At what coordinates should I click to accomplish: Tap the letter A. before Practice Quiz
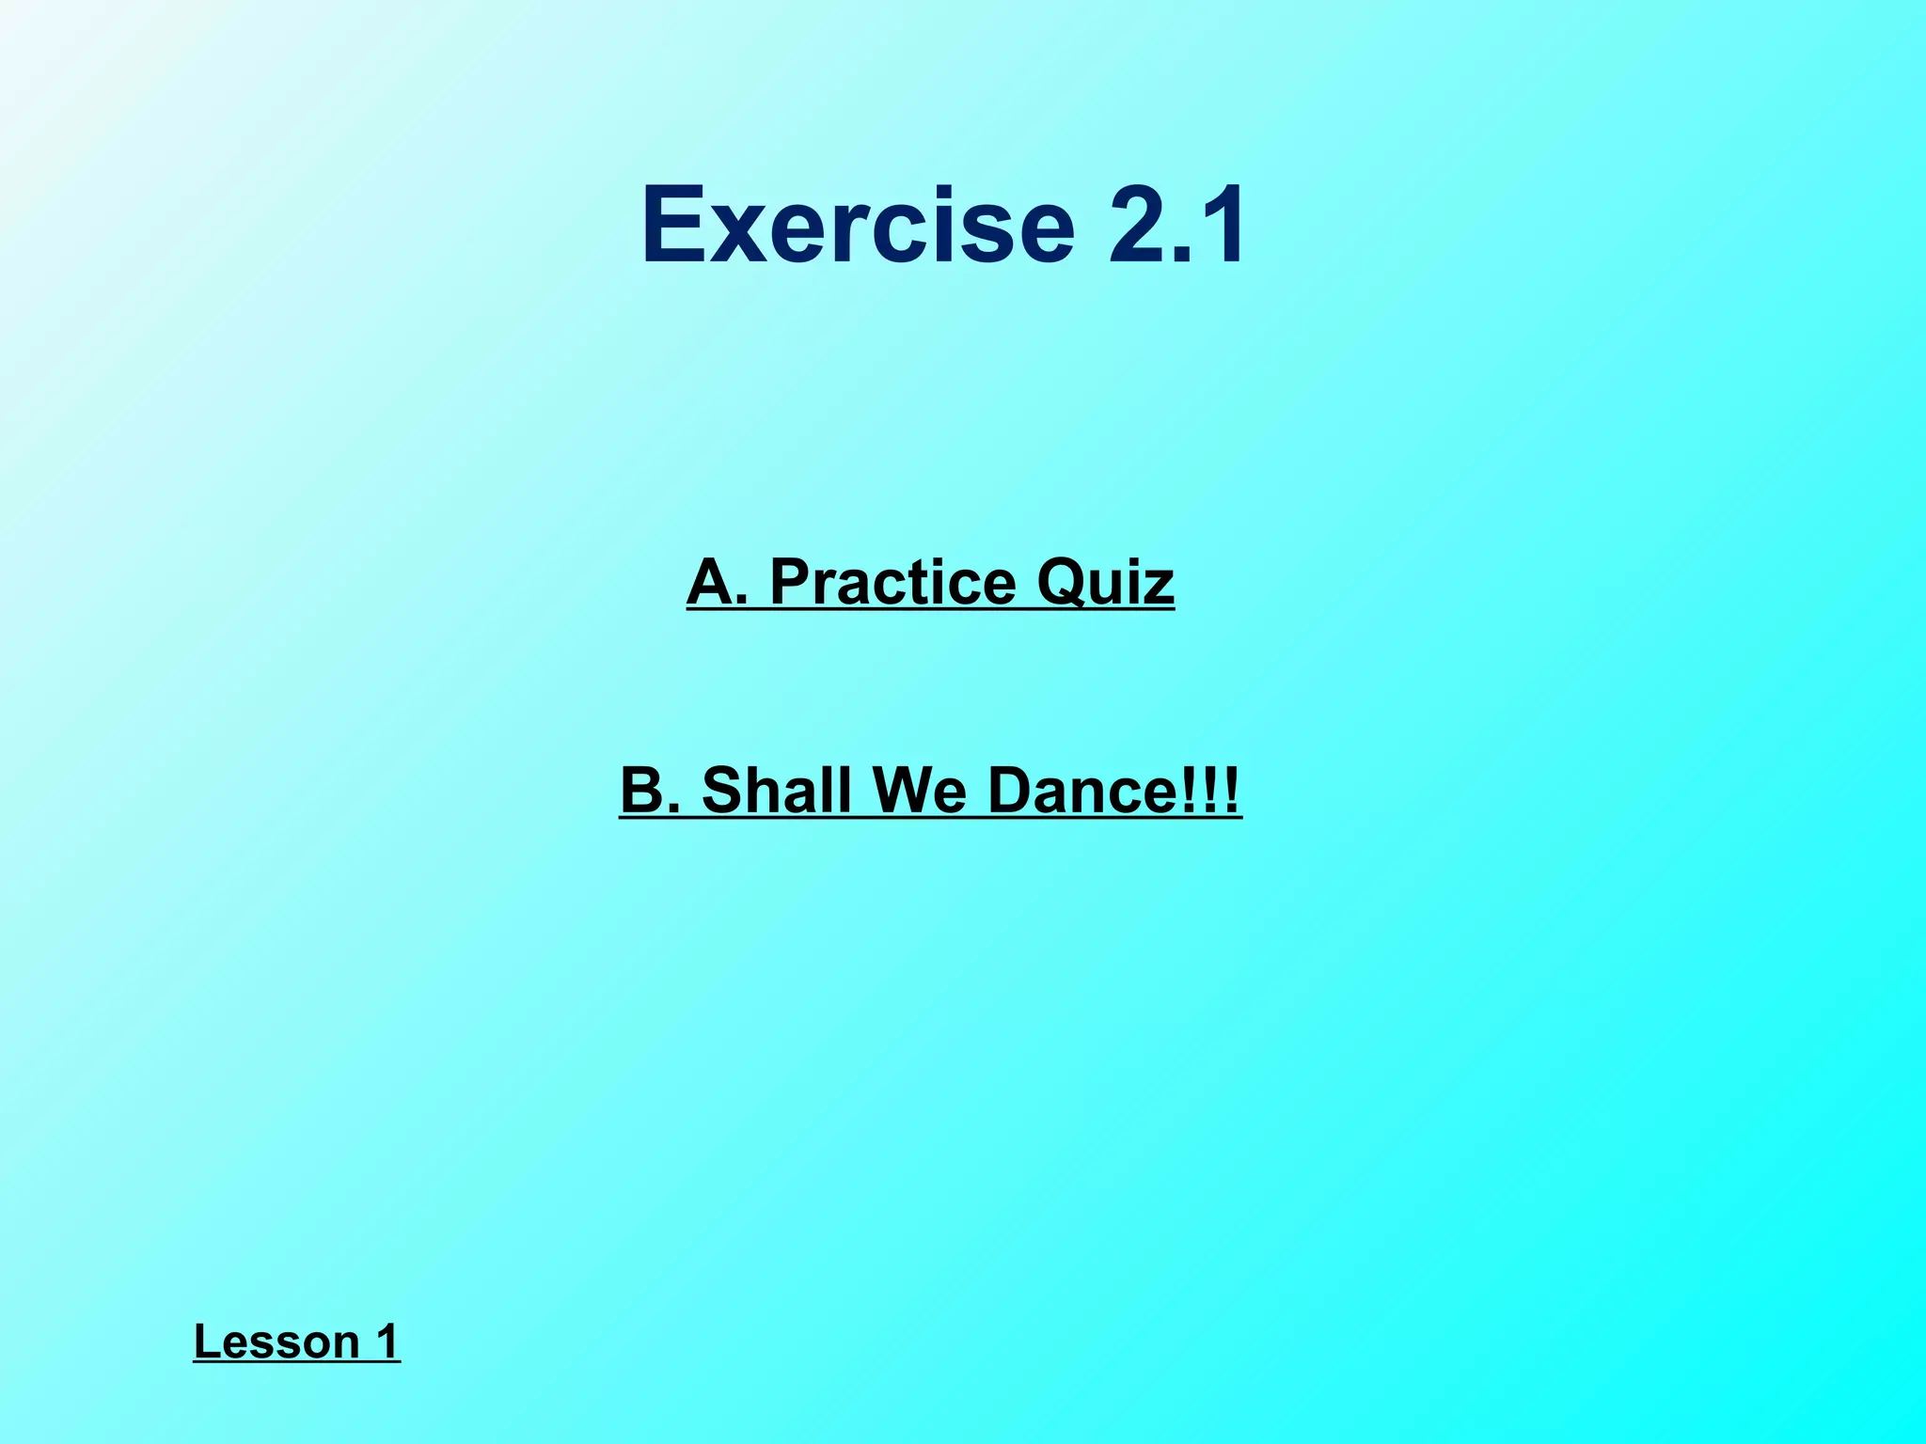[x=717, y=582]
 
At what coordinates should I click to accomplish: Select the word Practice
[x=892, y=582]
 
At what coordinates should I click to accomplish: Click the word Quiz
[x=1105, y=584]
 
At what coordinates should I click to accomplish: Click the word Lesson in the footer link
[x=276, y=1341]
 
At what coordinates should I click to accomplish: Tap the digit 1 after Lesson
[x=387, y=1341]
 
